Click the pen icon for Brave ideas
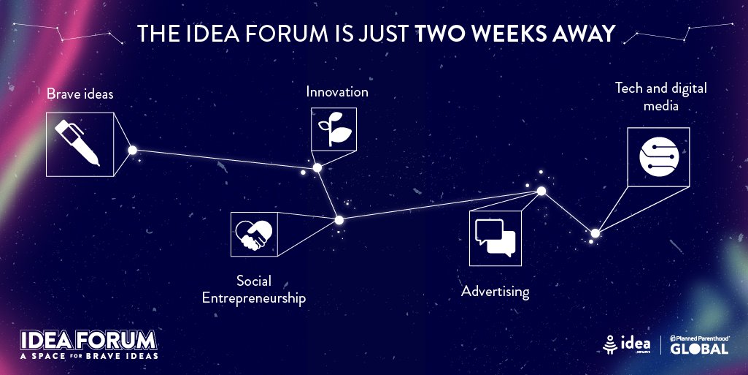(80, 144)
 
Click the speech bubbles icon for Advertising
(495, 238)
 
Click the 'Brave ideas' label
(80, 94)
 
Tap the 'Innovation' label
(337, 92)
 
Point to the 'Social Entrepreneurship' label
(253, 289)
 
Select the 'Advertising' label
(495, 292)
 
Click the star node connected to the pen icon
(133, 150)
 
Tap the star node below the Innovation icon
(317, 168)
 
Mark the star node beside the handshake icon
(339, 219)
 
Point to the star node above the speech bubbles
(541, 192)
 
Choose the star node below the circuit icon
(595, 233)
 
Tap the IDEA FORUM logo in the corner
(88, 340)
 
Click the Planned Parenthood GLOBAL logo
(698, 344)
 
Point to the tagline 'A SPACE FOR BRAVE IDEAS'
(88, 356)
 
